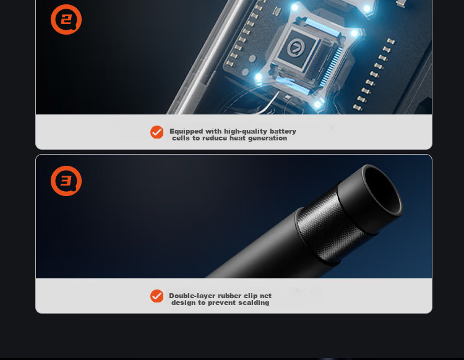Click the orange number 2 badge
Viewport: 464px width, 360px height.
(x=66, y=20)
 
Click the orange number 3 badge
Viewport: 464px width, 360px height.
(x=66, y=181)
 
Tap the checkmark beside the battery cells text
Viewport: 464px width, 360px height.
(x=157, y=132)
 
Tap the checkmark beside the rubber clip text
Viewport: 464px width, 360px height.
(x=157, y=296)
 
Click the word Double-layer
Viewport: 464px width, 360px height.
(x=189, y=296)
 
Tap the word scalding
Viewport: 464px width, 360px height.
(x=254, y=302)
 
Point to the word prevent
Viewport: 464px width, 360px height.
(x=222, y=303)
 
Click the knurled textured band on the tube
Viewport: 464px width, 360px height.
(x=329, y=228)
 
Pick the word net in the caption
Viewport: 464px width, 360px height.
(x=265, y=296)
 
